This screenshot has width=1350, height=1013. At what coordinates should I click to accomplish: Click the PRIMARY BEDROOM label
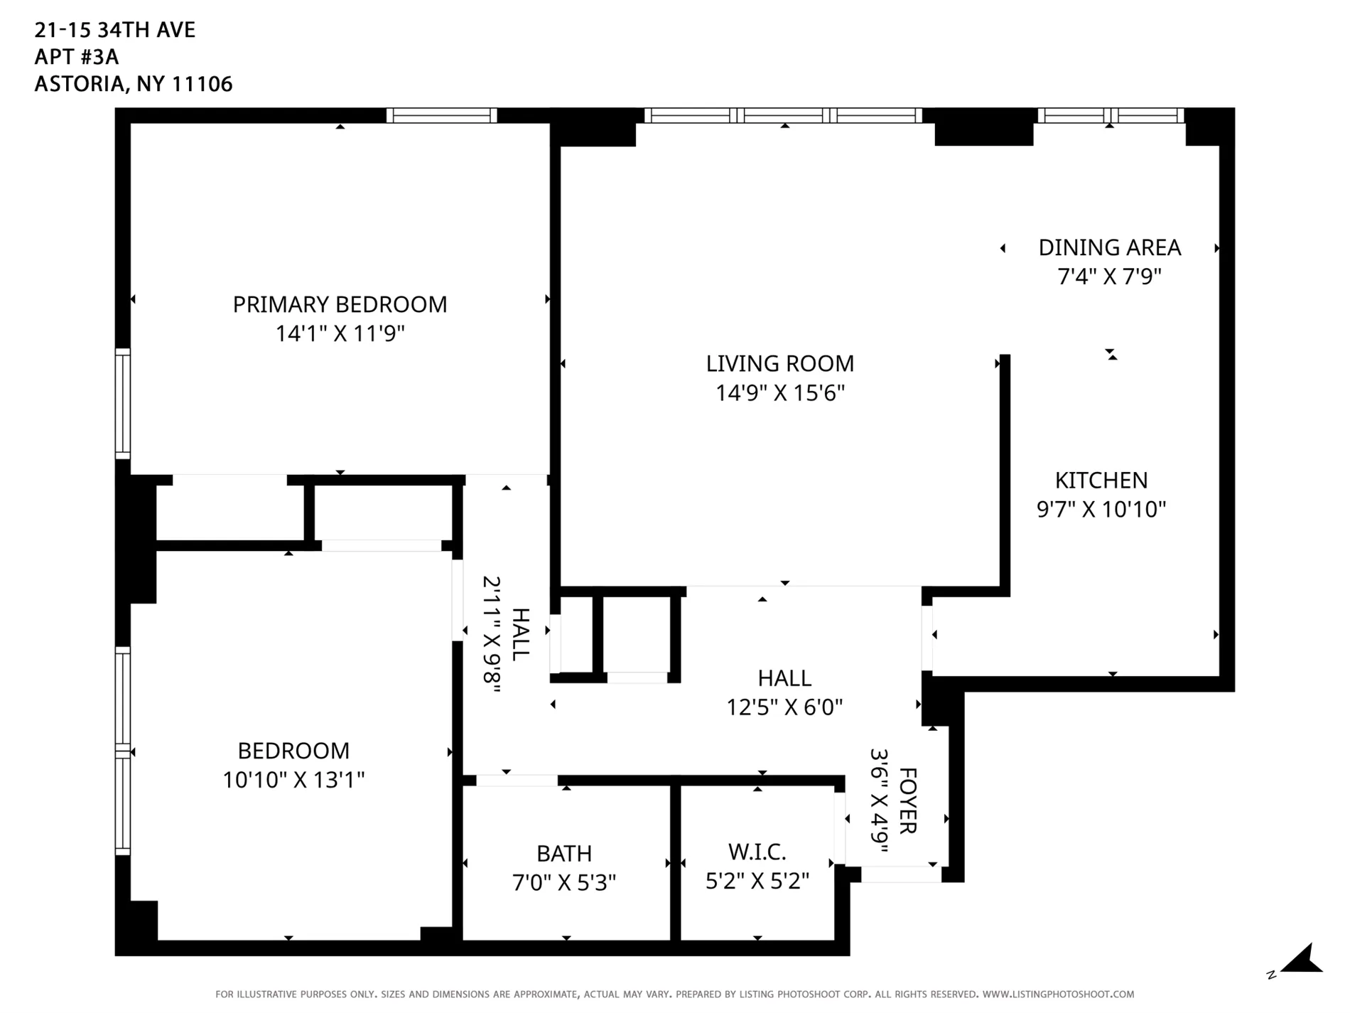point(340,304)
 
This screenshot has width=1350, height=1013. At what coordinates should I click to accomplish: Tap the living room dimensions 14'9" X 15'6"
point(779,393)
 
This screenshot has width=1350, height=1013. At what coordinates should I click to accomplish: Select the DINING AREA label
point(1109,247)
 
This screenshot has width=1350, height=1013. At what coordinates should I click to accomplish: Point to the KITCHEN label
point(1101,481)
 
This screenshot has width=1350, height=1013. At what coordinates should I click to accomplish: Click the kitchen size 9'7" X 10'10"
point(1101,510)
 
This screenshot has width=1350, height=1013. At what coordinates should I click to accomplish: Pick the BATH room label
point(563,853)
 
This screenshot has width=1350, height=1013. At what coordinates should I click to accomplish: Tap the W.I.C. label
point(757,852)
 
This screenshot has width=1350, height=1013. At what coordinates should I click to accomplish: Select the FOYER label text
point(908,801)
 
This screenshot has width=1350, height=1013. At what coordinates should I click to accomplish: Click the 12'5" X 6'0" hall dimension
point(784,707)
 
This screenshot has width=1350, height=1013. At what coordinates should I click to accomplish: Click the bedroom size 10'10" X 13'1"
point(293,780)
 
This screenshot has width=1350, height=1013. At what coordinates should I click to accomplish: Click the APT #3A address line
point(77,57)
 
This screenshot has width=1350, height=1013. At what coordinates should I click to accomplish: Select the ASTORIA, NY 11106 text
point(134,84)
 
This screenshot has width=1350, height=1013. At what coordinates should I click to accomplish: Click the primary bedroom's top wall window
point(441,115)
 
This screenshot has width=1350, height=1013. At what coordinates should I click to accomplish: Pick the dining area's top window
point(1110,115)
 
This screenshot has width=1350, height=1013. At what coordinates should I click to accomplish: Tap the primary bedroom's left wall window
point(123,403)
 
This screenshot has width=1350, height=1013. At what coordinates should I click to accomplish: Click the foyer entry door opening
point(901,874)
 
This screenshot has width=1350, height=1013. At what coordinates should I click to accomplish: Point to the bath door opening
point(517,781)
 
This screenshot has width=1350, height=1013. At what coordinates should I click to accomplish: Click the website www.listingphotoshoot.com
point(1058,995)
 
